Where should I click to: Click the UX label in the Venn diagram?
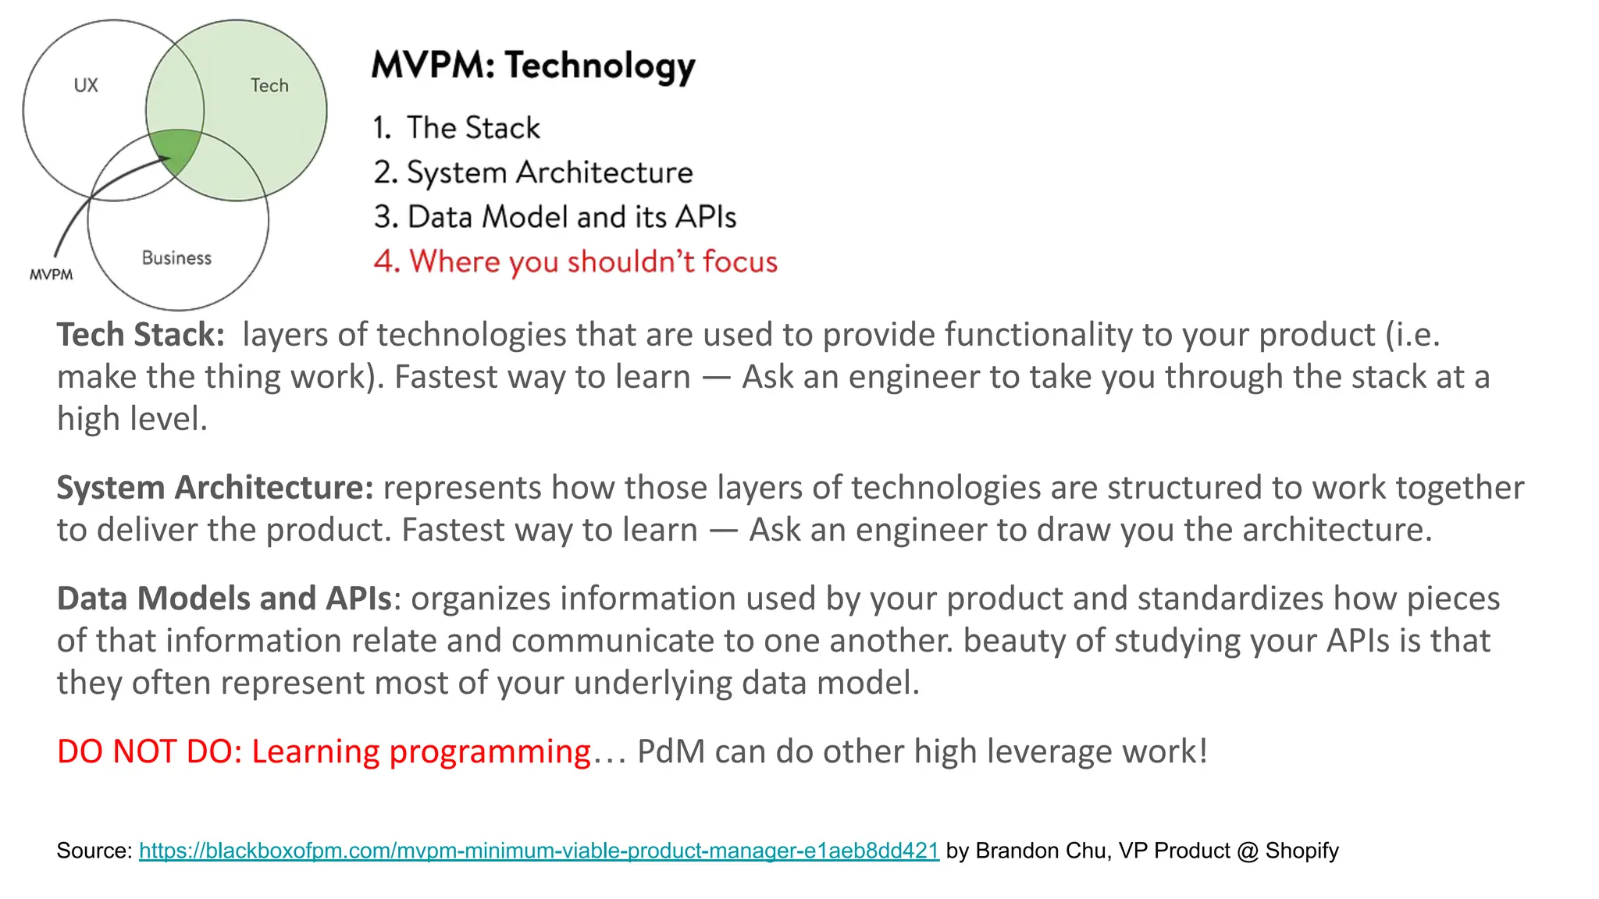tap(86, 85)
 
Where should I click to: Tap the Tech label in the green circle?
tap(269, 85)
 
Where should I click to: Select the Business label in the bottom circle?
tap(176, 258)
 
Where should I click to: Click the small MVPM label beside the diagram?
tap(52, 275)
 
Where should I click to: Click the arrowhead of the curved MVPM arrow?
tap(165, 159)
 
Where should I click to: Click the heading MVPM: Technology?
tap(533, 66)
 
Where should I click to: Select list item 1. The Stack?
tap(457, 128)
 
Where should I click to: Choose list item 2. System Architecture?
tap(533, 172)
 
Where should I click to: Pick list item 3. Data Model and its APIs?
tap(554, 217)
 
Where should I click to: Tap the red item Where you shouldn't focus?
tap(575, 261)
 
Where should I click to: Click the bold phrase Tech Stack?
tap(141, 335)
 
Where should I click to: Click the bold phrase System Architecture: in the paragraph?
tap(215, 488)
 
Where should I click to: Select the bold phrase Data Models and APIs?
tap(224, 599)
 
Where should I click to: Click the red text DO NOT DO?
tap(150, 752)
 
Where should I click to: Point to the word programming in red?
tap(490, 752)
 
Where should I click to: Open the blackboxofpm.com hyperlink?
tap(539, 851)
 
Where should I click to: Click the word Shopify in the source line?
tap(1302, 851)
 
